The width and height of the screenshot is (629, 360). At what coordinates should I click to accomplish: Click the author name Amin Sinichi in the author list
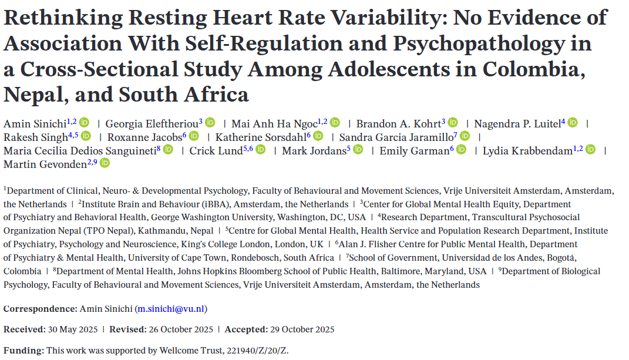click(34, 123)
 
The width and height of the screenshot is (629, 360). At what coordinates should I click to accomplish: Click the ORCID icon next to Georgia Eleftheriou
click(210, 123)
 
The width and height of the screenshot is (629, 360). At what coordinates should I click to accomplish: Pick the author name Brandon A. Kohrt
click(398, 123)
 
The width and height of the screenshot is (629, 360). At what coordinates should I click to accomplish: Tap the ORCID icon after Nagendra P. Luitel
click(573, 123)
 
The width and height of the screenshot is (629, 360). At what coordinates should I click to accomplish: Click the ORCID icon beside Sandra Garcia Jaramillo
click(465, 136)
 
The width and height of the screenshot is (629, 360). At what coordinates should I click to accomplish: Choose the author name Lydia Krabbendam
click(527, 151)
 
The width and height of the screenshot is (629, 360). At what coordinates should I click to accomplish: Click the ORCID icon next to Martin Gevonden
click(105, 163)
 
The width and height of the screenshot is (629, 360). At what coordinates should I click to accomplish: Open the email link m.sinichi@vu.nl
click(171, 309)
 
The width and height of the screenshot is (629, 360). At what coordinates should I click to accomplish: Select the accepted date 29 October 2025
click(302, 329)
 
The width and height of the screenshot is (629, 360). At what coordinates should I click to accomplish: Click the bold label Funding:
click(23, 351)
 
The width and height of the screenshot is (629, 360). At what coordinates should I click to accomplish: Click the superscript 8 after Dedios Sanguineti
click(159, 149)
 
